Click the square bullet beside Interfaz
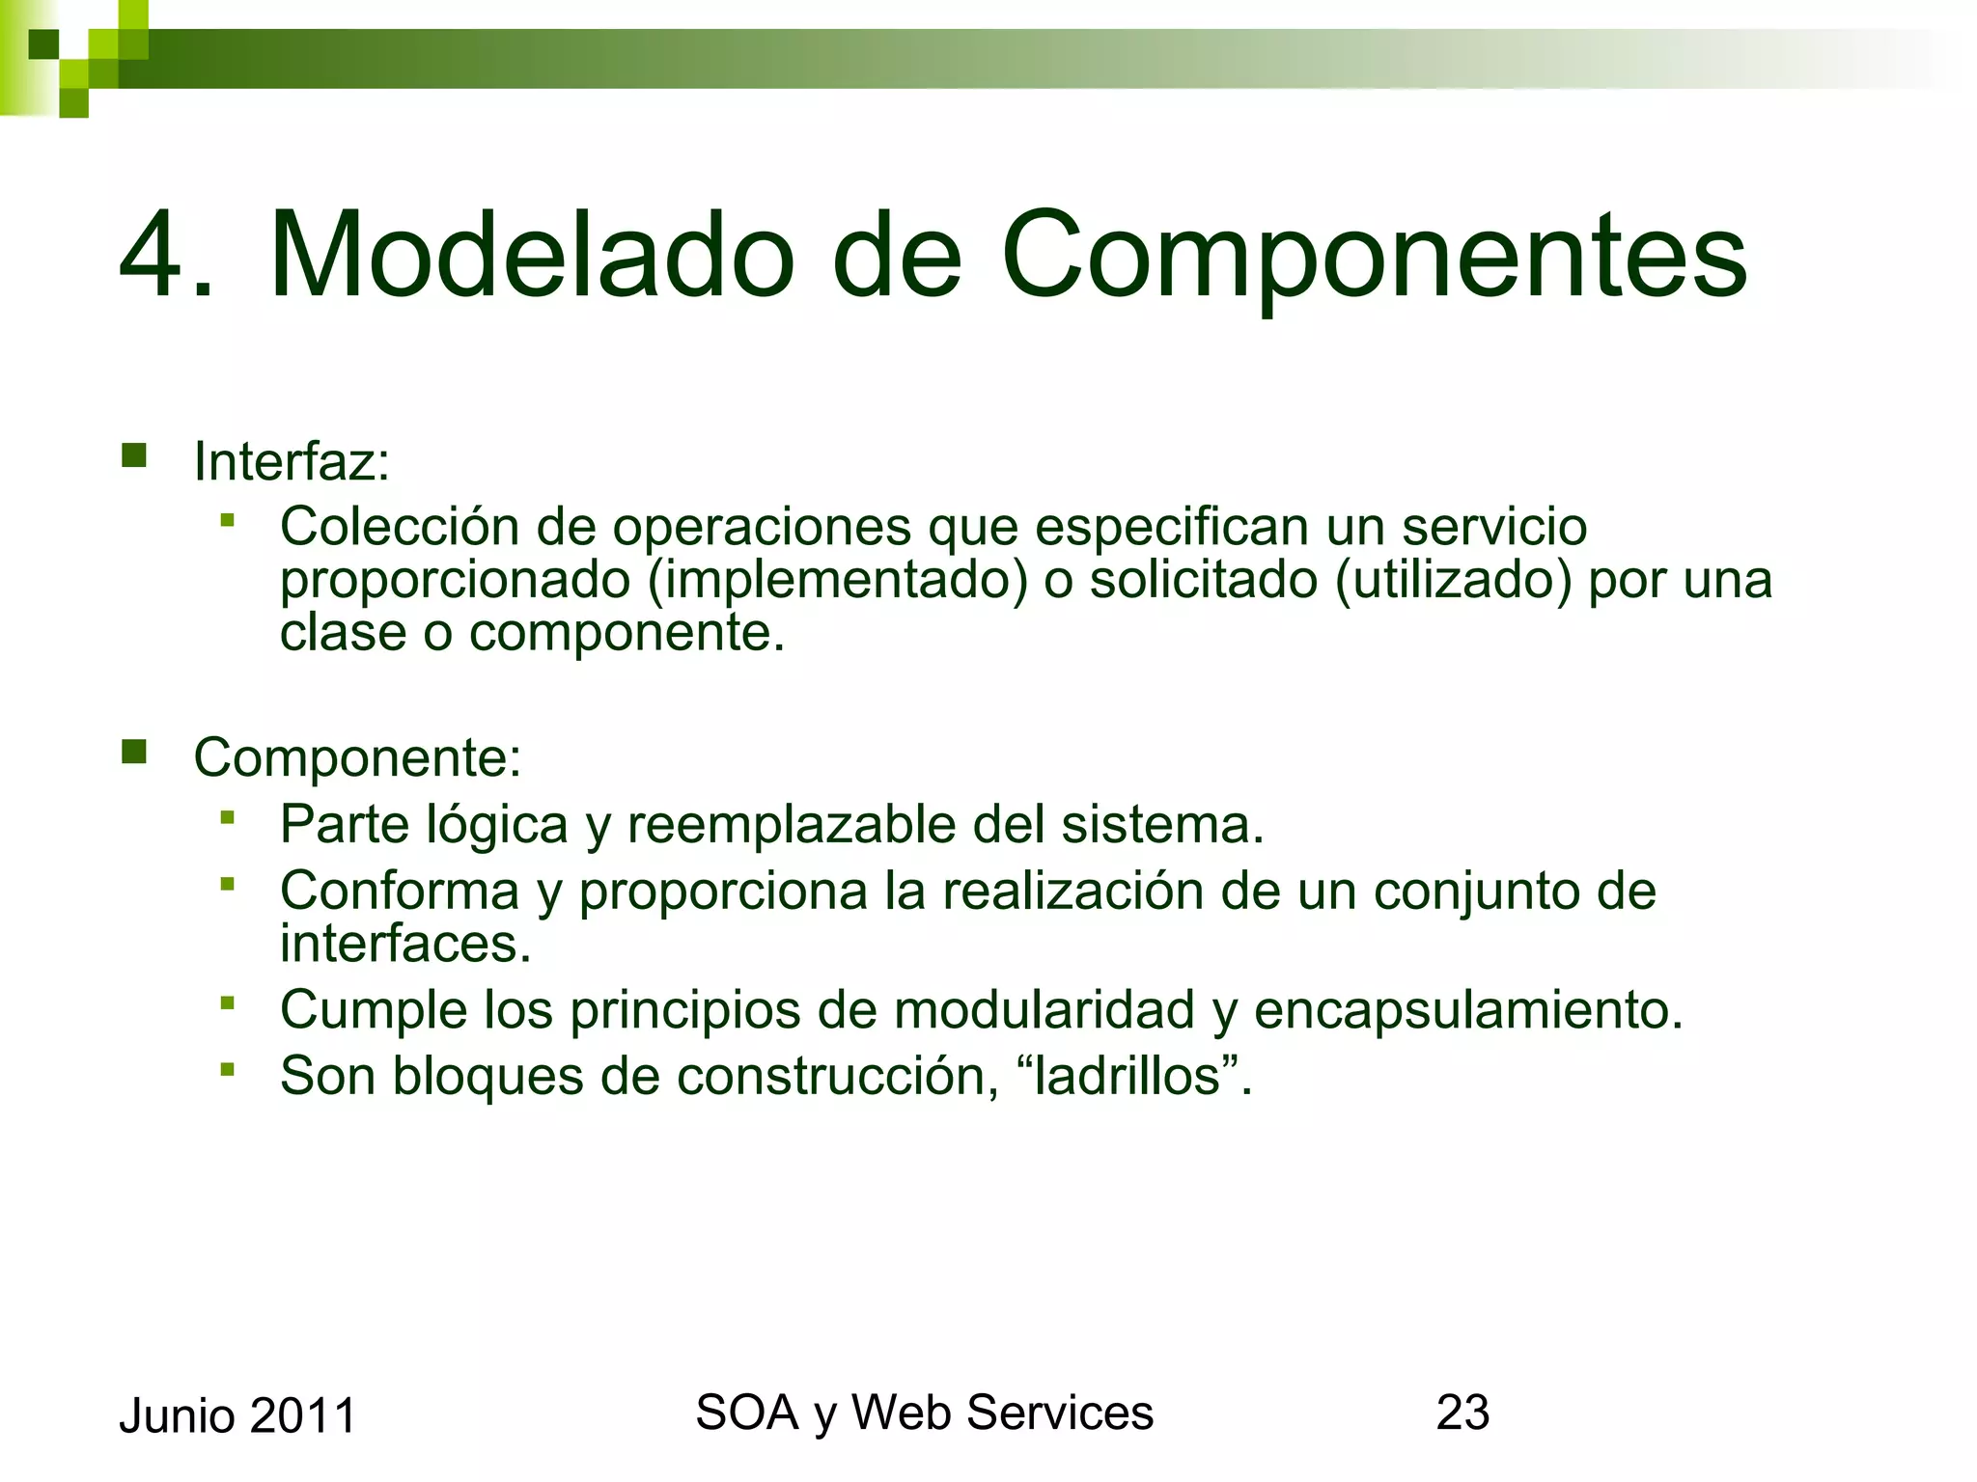coord(134,454)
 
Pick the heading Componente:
coord(357,757)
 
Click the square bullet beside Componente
coord(134,751)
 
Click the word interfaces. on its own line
coord(405,943)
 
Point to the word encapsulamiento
coord(1468,1010)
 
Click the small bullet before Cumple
coord(228,1003)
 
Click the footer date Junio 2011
coord(237,1415)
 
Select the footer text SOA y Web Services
coord(924,1413)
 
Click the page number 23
coord(1462,1413)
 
